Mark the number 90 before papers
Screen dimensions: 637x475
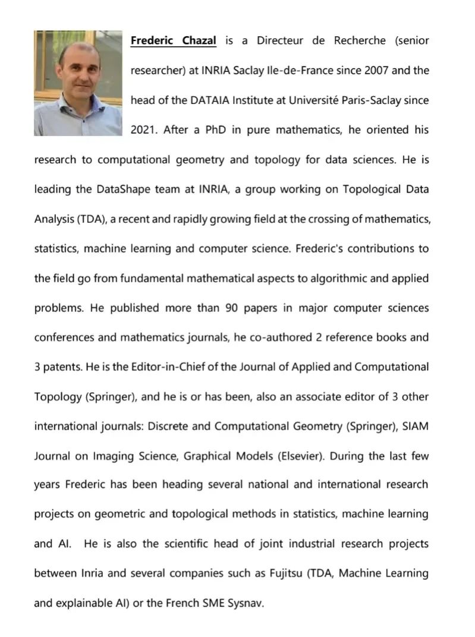pos(232,308)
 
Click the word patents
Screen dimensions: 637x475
pos(62,367)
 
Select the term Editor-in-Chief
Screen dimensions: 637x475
pos(152,367)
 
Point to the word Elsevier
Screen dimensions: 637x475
pos(301,456)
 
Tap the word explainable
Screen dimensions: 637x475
pos(88,603)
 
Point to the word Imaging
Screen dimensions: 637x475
pos(114,456)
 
